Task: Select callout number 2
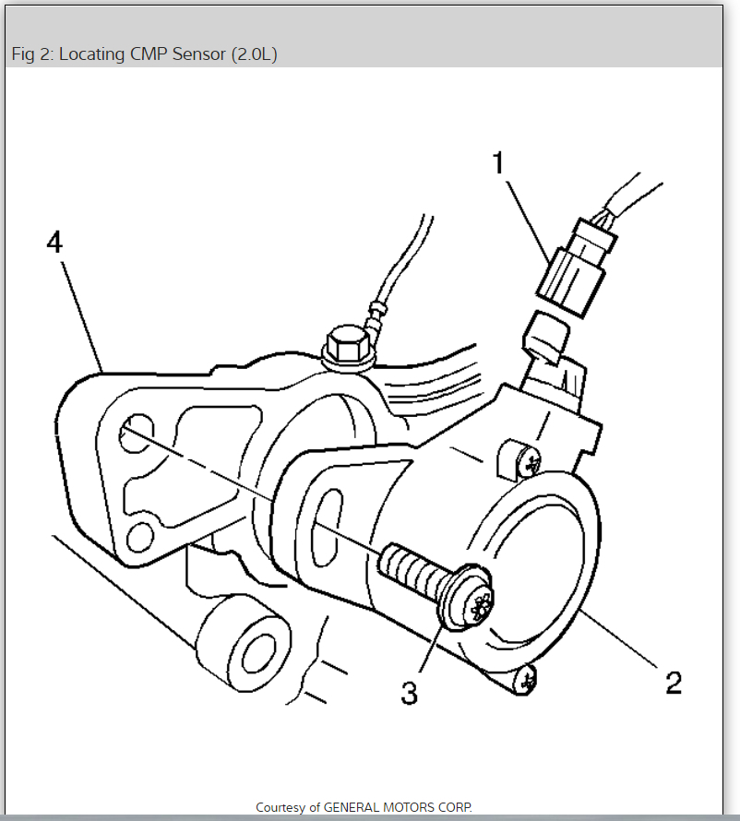[674, 683]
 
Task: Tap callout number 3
[409, 691]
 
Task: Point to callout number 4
[55, 243]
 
